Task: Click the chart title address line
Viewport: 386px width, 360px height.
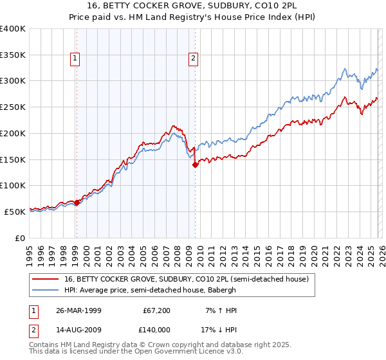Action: coord(192,6)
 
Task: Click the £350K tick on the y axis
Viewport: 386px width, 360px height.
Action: coord(13,55)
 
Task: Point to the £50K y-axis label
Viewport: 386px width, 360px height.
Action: coord(15,212)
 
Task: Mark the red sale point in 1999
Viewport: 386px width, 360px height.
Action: coord(77,203)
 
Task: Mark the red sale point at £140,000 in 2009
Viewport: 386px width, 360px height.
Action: coord(195,165)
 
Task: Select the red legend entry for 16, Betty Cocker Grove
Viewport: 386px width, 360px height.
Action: coord(187,279)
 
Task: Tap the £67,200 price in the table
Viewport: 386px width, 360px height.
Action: coord(157,310)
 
